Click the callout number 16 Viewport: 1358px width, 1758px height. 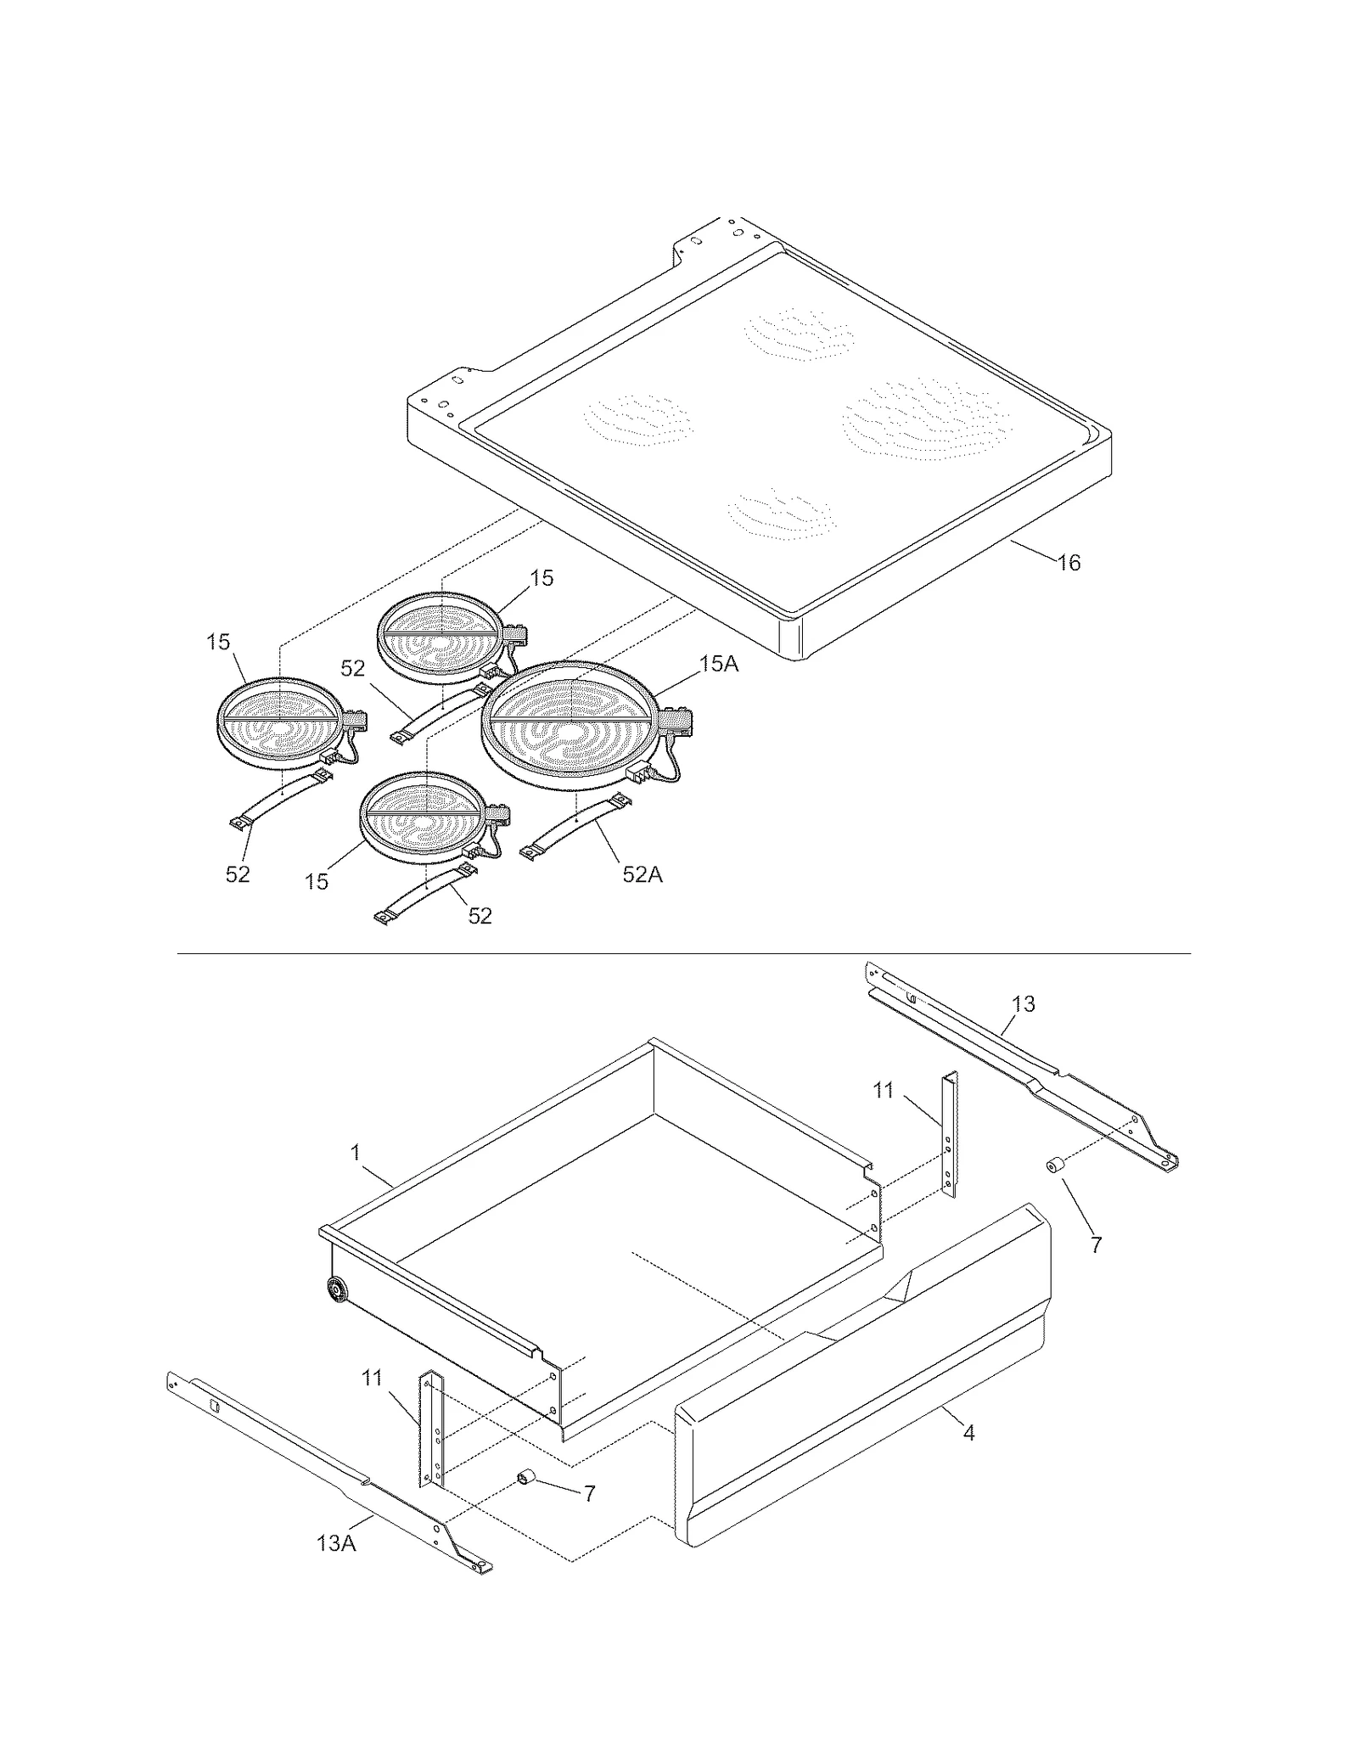point(1069,563)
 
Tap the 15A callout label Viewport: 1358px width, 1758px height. point(718,664)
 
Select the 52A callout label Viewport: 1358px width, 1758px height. point(642,874)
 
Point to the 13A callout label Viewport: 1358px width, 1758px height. point(336,1543)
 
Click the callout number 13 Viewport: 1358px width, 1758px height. point(1024,1004)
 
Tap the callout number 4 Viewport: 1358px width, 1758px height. point(968,1432)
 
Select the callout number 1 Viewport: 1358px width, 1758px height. point(356,1152)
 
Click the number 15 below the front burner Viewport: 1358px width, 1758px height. point(317,882)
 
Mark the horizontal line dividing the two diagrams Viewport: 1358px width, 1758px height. point(683,954)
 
